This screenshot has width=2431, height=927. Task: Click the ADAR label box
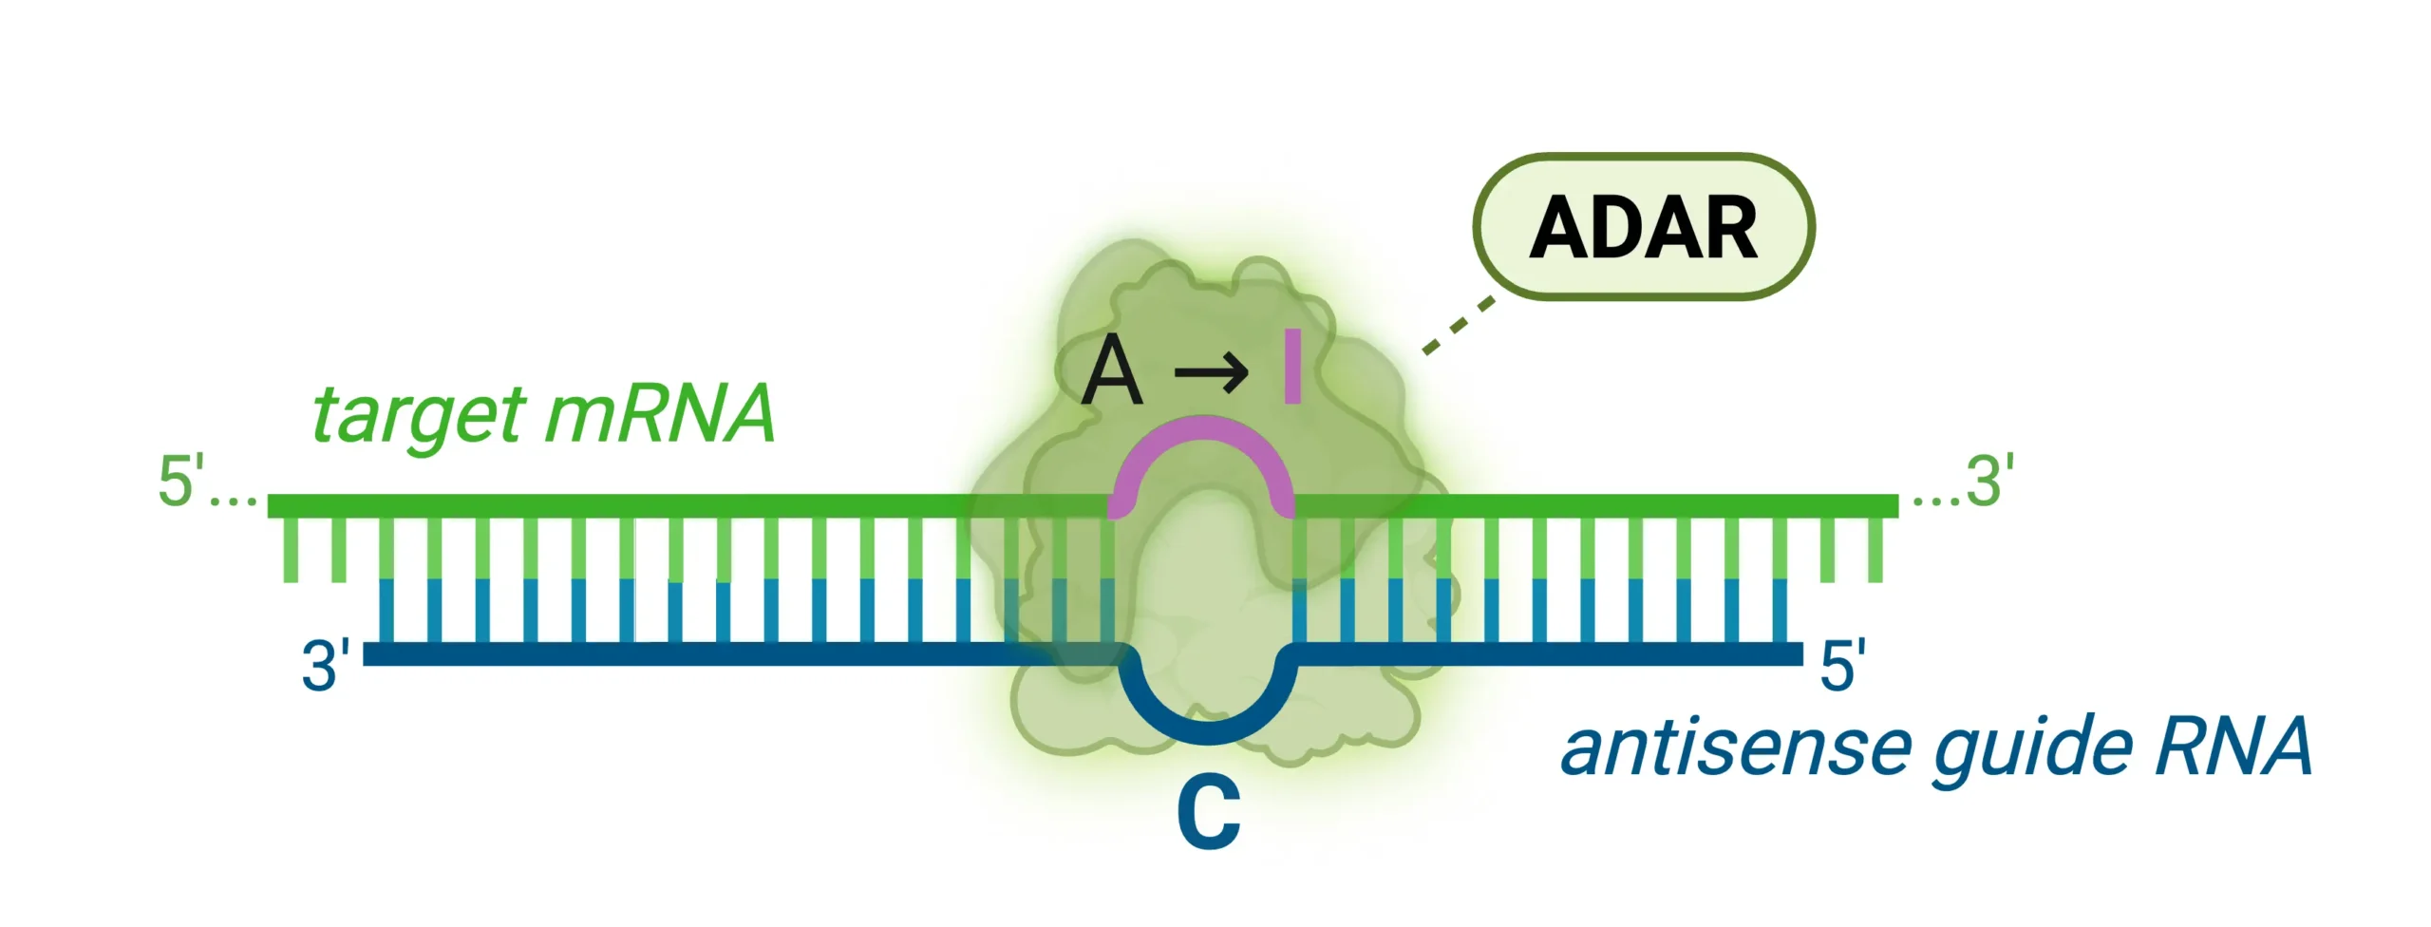click(1643, 227)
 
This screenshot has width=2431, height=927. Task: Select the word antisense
click(1734, 747)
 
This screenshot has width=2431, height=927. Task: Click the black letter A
click(1111, 371)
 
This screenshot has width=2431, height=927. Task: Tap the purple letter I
click(1291, 366)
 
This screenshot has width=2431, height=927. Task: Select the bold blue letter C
click(1209, 812)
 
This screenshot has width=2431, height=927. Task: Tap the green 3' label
click(1990, 481)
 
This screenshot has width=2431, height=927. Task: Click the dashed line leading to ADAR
click(1458, 327)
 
